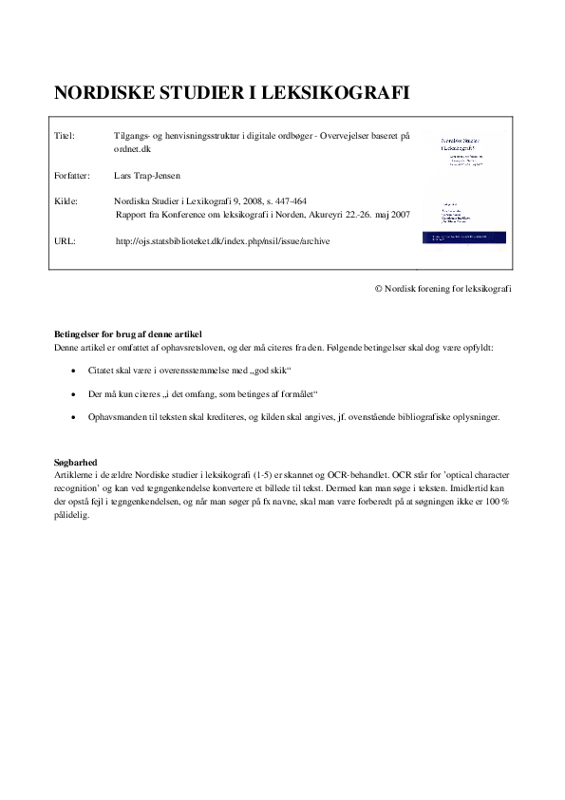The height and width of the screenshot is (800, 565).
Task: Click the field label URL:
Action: (x=66, y=241)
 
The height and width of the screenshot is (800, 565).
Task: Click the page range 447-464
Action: (x=287, y=201)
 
